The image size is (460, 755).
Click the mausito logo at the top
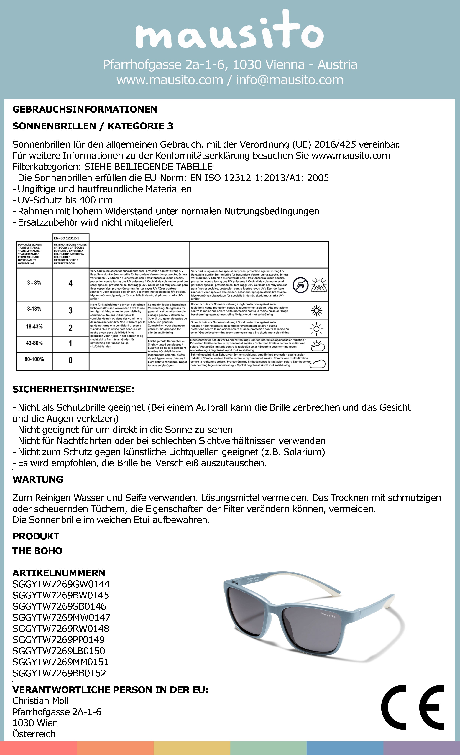click(x=230, y=31)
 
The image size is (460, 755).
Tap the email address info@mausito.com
click(x=289, y=80)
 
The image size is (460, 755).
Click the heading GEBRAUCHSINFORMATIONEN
click(x=85, y=109)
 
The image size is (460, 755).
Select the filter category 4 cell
click(x=70, y=283)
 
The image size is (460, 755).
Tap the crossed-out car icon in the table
click(x=300, y=285)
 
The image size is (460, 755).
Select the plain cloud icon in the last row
click(x=318, y=364)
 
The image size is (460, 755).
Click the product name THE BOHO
click(x=37, y=551)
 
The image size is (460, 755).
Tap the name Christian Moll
click(x=40, y=701)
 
